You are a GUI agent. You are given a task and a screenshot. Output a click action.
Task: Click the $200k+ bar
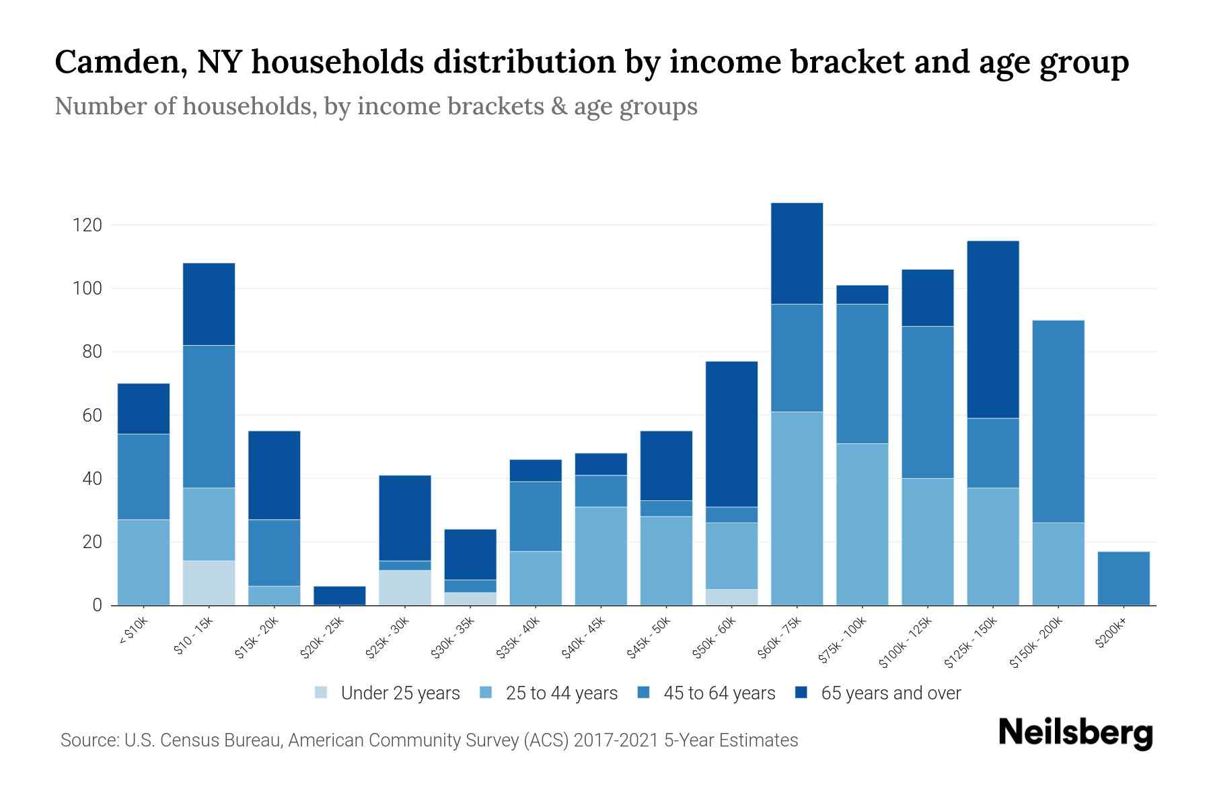[1123, 578]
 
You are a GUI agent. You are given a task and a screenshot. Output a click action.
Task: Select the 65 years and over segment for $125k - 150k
[992, 330]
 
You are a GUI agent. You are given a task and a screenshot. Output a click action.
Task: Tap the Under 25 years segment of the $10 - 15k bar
[209, 583]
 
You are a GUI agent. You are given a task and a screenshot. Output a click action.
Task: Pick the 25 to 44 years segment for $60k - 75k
[797, 508]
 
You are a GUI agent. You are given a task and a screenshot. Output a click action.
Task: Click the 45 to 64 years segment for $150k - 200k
[1058, 422]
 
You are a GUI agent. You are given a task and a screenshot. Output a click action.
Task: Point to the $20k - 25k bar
[339, 596]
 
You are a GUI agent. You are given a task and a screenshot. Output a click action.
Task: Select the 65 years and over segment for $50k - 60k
[731, 434]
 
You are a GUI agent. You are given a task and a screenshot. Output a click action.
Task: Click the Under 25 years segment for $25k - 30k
[404, 588]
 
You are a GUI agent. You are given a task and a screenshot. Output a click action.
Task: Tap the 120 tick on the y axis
[87, 225]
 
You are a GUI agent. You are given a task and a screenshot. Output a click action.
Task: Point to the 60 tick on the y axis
[91, 416]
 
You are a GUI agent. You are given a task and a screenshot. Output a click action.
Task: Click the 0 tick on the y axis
[97, 605]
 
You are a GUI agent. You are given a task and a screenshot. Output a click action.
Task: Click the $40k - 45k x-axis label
[583, 638]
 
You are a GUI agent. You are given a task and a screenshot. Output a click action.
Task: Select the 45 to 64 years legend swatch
[642, 693]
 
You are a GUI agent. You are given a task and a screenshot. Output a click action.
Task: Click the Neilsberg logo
[1075, 732]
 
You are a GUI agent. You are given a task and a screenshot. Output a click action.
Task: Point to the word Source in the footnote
[87, 740]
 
